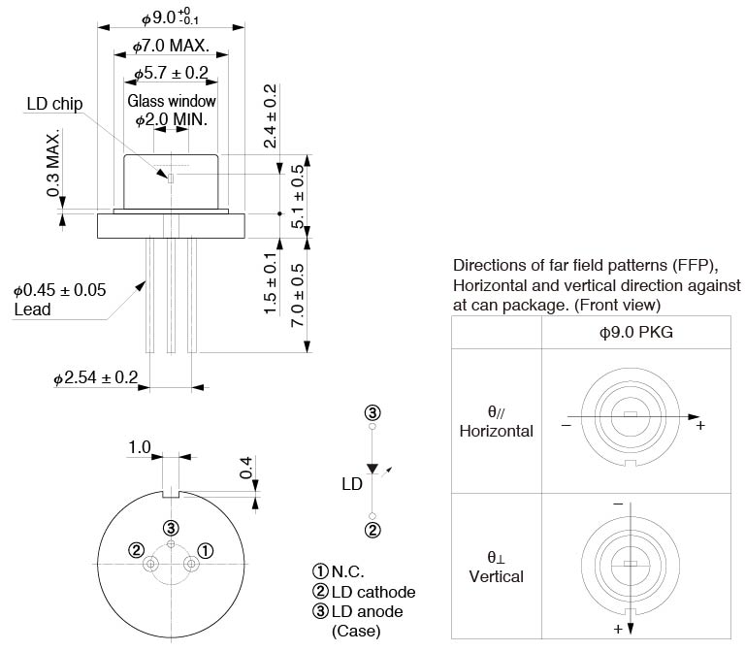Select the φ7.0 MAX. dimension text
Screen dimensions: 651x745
coord(170,46)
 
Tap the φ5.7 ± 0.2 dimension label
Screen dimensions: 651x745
coord(170,73)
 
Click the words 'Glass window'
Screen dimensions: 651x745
coord(172,101)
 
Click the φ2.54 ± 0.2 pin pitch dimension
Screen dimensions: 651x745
coord(95,377)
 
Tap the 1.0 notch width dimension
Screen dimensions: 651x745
coord(140,448)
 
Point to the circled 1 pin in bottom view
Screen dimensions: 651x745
coord(205,550)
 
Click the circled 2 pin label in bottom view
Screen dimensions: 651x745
coord(137,550)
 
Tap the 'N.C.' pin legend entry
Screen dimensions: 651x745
coord(348,572)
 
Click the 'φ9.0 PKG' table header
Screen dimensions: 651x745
coord(636,332)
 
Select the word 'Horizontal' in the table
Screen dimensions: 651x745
coord(496,431)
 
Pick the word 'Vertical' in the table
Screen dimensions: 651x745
coord(496,576)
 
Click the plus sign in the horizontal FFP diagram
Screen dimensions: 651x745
coord(700,426)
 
